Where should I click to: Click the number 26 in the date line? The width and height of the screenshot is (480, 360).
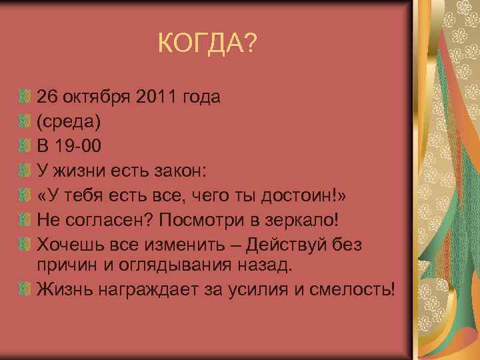(x=47, y=98)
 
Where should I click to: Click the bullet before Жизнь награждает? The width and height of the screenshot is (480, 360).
(x=25, y=289)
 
